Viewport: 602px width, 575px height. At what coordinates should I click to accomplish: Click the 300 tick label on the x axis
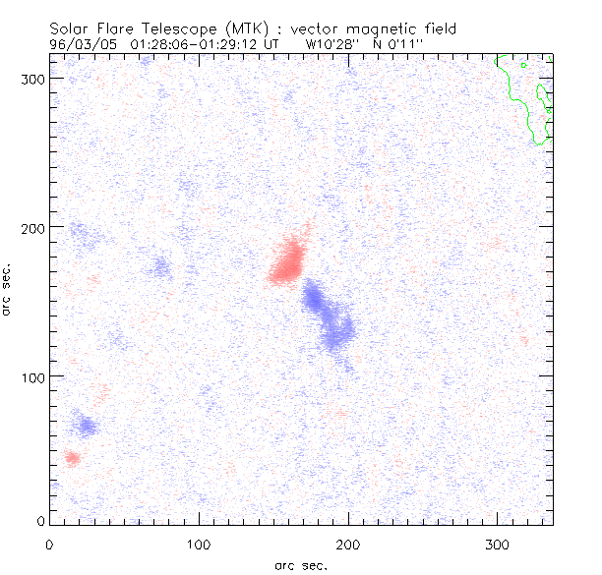(x=498, y=544)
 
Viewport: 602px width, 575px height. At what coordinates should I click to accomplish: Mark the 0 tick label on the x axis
(x=49, y=544)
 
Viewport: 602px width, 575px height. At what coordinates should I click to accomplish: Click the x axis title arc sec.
(x=300, y=565)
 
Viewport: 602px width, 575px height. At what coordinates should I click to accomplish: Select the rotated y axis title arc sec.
(x=8, y=289)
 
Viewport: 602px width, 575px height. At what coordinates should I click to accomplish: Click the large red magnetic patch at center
(x=288, y=260)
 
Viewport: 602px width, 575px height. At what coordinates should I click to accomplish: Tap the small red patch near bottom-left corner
(x=72, y=457)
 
